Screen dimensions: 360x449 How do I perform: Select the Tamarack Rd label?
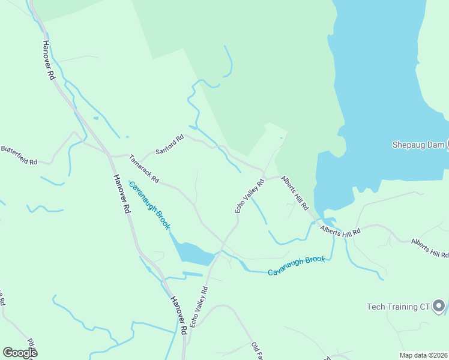tap(144, 169)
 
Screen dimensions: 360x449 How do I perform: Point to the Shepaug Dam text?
tap(417, 145)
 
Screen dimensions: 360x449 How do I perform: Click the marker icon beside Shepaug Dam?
tap(447, 145)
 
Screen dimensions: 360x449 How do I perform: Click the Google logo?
tap(20, 353)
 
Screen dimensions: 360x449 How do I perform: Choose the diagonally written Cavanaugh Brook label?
tap(150, 206)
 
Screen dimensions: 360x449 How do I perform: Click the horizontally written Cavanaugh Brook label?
tap(297, 265)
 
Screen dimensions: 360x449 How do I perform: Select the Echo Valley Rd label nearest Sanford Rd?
tap(249, 196)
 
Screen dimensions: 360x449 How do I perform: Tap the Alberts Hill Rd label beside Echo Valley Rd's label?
tap(295, 193)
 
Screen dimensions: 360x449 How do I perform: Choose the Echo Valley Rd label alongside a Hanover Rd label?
tap(199, 306)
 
